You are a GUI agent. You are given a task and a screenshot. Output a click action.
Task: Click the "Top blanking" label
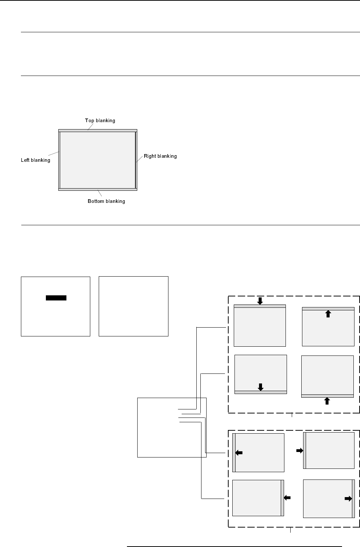point(100,121)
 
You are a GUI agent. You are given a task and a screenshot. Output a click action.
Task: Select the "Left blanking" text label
point(36,160)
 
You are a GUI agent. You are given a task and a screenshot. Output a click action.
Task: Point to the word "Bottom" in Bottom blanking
point(96,201)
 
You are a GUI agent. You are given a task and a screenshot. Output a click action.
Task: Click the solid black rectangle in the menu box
point(56,298)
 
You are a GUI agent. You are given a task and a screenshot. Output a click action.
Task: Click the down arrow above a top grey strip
point(260,301)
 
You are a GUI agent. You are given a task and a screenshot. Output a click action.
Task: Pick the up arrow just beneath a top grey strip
point(328,314)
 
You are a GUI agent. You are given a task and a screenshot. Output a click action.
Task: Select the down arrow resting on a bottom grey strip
point(261,387)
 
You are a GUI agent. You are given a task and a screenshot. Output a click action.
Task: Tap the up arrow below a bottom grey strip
point(327,401)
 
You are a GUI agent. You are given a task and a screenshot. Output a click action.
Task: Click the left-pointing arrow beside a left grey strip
point(239,453)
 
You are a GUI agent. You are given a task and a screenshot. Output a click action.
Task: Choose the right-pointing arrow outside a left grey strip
point(300,451)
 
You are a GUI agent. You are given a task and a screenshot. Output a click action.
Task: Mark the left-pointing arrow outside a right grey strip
point(287,498)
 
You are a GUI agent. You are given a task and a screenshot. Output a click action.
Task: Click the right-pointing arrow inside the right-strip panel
point(348,499)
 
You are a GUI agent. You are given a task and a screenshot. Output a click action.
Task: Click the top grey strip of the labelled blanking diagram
point(98,131)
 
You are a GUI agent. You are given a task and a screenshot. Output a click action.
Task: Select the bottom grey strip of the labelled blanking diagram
point(98,190)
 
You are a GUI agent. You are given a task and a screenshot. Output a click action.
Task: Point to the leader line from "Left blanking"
point(54,154)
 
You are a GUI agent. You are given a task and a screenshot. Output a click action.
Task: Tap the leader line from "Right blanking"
point(139,159)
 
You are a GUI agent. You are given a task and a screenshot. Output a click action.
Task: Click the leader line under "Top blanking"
point(91,127)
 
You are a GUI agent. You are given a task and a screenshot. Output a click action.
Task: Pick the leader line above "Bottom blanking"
point(100,193)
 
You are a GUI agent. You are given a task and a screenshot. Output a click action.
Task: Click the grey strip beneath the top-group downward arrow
point(260,306)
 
